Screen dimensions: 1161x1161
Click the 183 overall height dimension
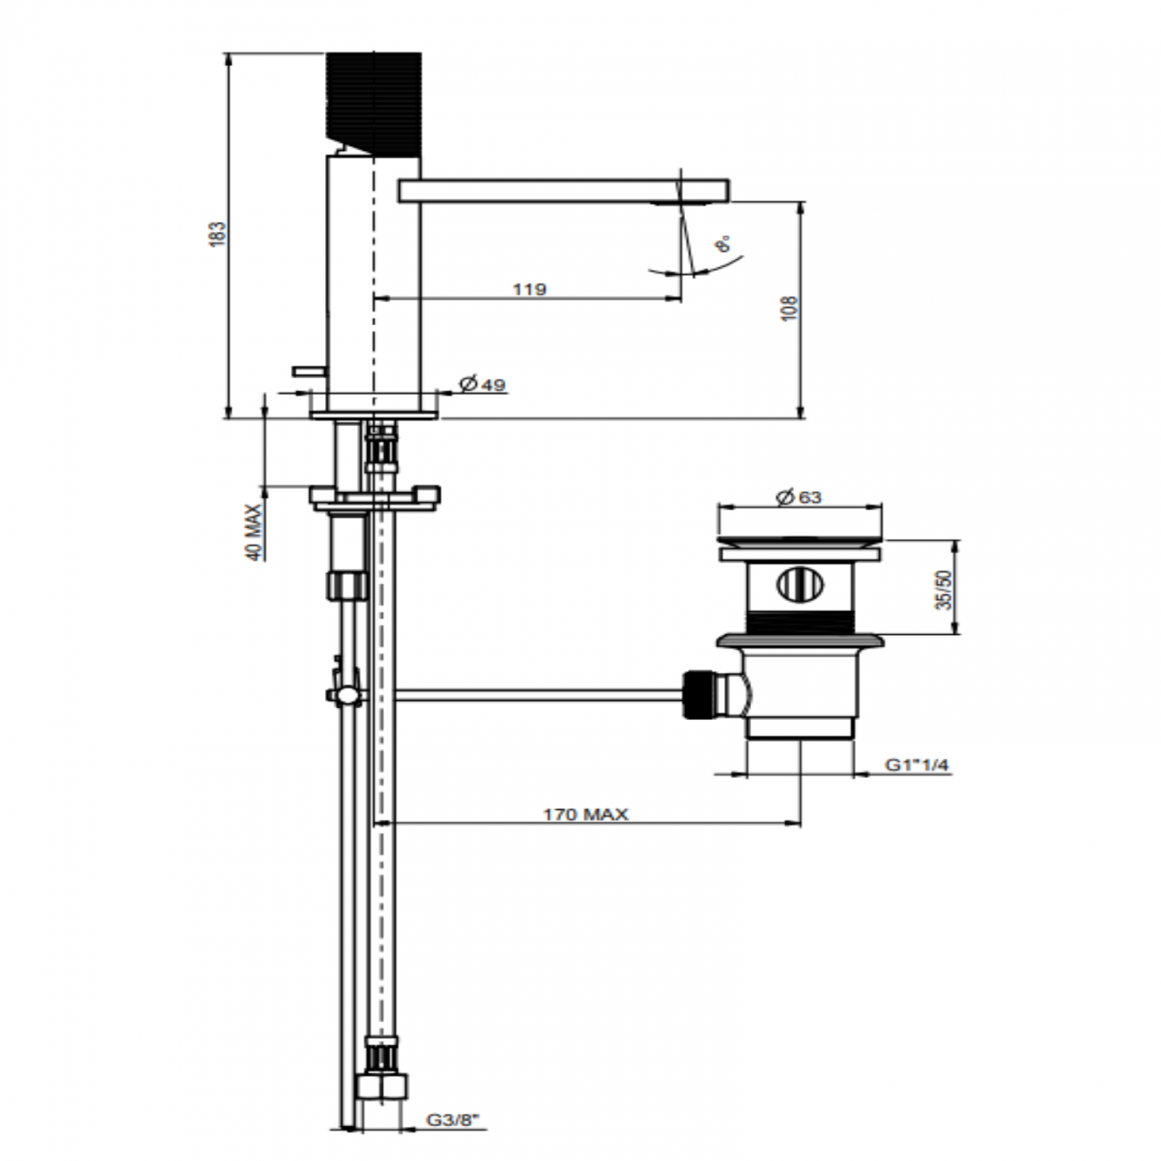coord(217,234)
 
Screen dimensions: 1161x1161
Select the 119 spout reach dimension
coord(530,288)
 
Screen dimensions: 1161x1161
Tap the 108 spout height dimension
coord(790,308)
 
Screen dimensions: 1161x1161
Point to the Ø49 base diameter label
coord(482,384)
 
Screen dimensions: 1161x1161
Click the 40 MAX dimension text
coord(255,532)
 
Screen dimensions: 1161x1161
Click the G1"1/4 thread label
coord(917,764)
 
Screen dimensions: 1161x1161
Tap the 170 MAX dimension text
coord(586,814)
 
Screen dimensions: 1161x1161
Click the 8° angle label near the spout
coord(722,243)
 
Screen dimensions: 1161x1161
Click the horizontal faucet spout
coord(563,189)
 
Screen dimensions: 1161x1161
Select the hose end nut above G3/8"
coord(383,1086)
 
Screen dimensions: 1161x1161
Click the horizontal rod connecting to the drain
coord(536,694)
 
